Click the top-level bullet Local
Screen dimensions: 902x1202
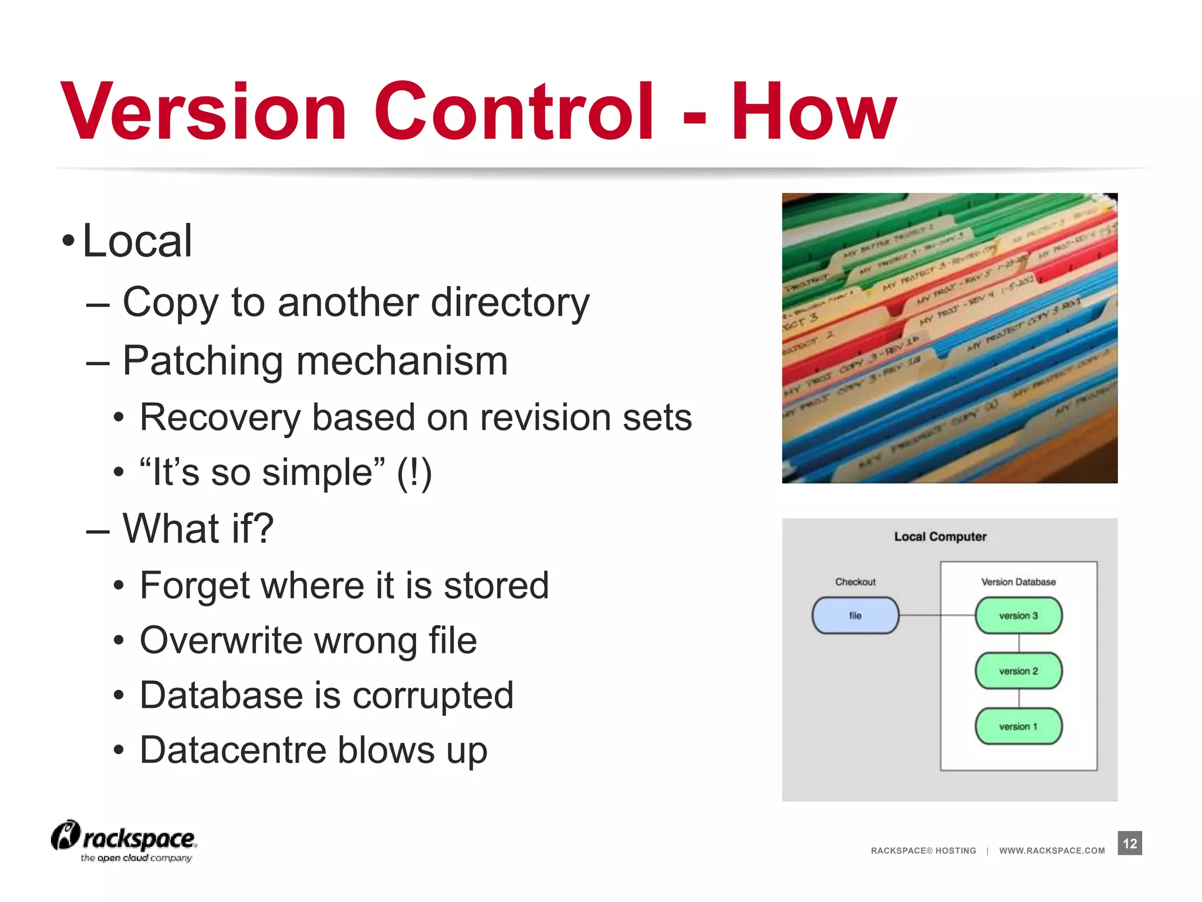[x=137, y=241]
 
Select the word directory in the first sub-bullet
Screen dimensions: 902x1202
[x=510, y=302]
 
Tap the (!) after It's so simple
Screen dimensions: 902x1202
[x=414, y=473]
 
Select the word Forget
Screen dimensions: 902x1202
[x=200, y=586]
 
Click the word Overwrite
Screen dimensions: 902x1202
[x=221, y=640]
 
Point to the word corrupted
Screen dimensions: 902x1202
[x=433, y=696]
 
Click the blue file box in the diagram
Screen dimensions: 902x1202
[x=855, y=615]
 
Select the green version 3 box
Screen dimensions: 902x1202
[x=1018, y=615]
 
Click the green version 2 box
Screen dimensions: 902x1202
[x=1018, y=671]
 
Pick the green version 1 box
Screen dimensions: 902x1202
[x=1018, y=726]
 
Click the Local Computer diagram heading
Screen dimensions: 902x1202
[x=940, y=537]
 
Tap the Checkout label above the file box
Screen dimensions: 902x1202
[x=855, y=582]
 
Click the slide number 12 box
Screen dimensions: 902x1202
[x=1129, y=843]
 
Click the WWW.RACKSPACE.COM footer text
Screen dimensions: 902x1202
[x=1052, y=850]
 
